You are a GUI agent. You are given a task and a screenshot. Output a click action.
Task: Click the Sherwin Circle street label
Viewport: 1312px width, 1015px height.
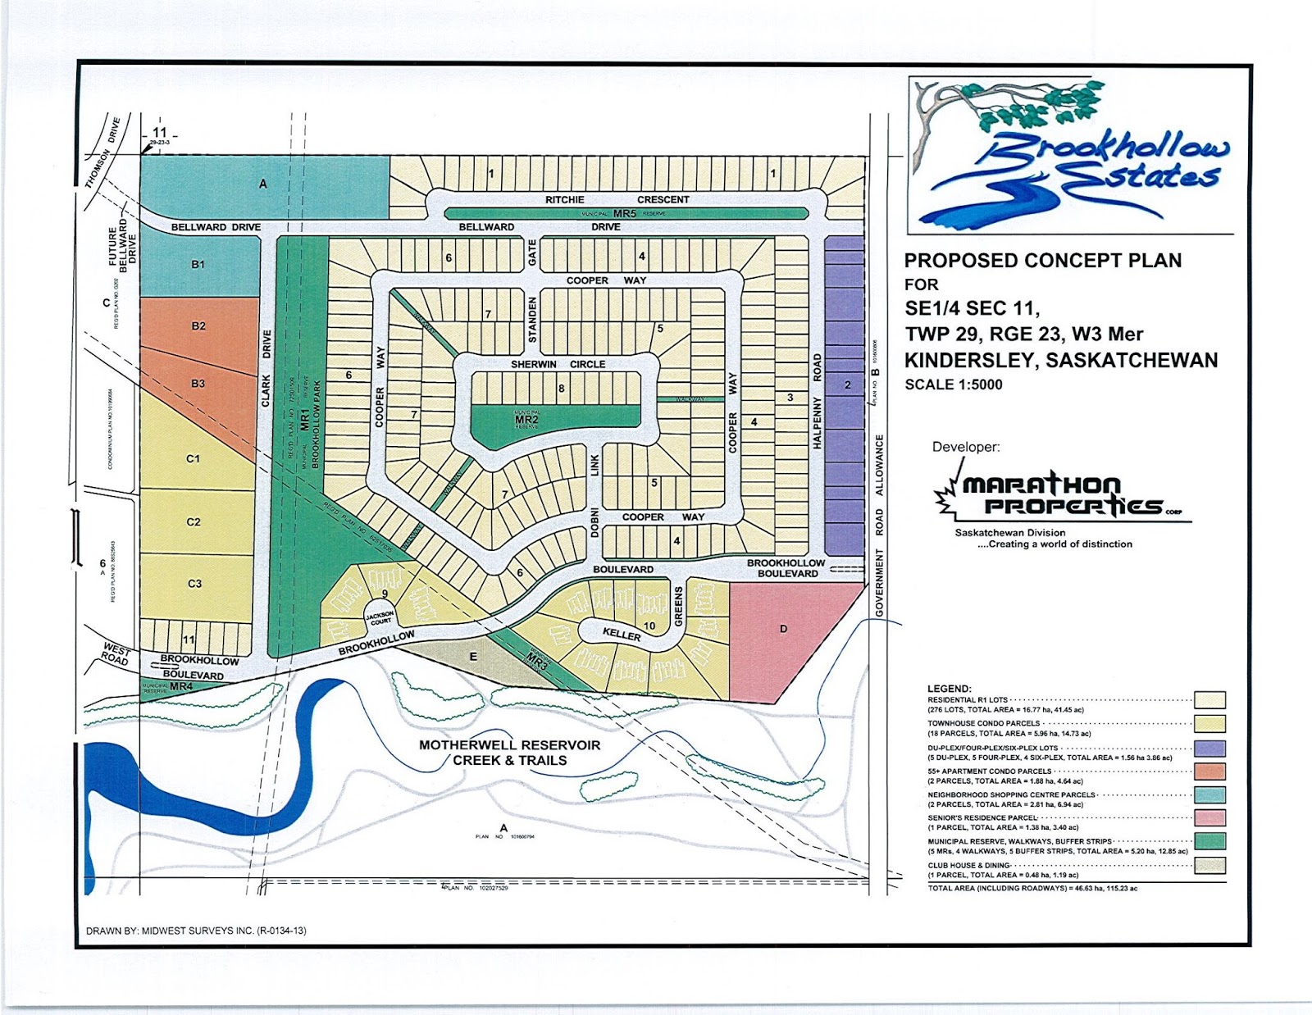pos(558,364)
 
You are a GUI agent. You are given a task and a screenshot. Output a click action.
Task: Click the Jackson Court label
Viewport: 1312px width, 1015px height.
pos(380,617)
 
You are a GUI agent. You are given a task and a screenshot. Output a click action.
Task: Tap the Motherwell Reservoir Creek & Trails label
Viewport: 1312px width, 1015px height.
pos(509,753)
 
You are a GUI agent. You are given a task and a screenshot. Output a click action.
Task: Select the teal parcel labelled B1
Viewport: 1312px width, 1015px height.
pos(198,265)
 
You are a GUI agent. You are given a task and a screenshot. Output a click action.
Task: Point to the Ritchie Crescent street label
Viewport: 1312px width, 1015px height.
pos(617,199)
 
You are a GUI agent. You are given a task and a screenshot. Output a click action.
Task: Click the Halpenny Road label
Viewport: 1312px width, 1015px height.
pos(817,401)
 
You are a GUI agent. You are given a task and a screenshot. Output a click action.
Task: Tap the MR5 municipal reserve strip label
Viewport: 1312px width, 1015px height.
pos(624,213)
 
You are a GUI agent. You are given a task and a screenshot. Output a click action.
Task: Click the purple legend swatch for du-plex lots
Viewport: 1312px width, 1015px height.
pos(1209,748)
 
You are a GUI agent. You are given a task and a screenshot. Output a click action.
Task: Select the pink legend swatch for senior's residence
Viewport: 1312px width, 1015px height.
pos(1209,817)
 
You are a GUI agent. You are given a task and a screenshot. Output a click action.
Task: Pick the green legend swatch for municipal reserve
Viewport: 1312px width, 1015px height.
pos(1209,841)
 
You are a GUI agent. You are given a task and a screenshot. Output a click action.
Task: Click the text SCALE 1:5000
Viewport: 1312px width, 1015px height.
pos(953,385)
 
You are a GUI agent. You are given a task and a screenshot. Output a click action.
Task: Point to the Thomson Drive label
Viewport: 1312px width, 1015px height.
pos(103,152)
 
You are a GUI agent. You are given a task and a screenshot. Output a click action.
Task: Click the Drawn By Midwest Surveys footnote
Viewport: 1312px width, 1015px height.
pos(196,931)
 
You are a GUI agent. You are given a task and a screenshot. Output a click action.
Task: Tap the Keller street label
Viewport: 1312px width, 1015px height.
pos(622,634)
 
